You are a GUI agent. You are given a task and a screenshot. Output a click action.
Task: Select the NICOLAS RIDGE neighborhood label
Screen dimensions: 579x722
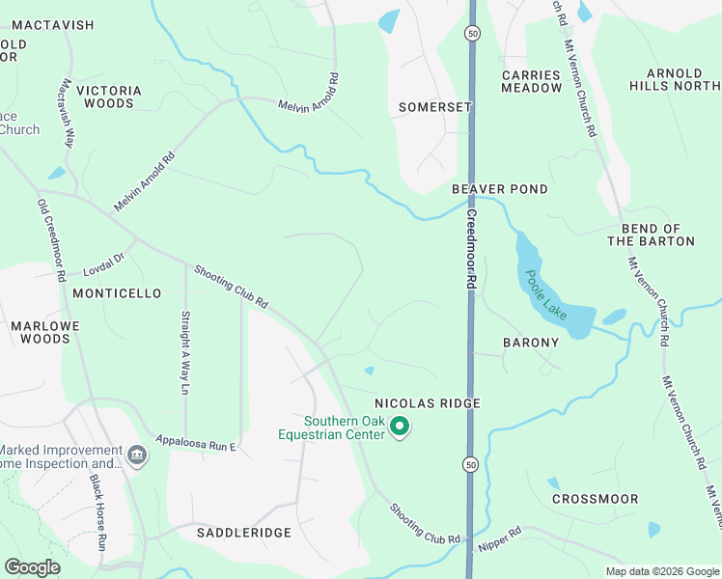coord(427,402)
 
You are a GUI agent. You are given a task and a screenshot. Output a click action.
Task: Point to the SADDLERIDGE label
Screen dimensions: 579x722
coord(231,533)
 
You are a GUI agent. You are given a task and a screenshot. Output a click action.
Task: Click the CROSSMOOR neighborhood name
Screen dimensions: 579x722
coord(595,499)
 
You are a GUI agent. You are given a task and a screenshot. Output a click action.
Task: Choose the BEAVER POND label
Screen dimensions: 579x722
coord(500,190)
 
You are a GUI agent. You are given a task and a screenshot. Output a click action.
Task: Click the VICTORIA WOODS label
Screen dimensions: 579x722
coord(109,97)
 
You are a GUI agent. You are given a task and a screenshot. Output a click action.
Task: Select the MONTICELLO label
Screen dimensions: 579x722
coord(117,293)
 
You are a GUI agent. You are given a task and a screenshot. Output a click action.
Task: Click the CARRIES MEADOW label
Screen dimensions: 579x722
coord(531,81)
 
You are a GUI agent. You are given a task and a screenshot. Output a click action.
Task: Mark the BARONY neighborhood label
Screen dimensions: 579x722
coord(531,343)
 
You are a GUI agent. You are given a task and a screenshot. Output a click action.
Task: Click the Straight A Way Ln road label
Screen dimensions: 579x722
coord(185,352)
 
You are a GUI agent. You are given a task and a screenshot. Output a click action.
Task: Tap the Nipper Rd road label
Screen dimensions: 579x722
coord(498,538)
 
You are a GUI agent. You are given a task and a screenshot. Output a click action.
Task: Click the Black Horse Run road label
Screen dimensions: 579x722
coord(97,511)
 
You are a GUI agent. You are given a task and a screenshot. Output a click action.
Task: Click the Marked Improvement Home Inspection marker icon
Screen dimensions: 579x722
coord(136,454)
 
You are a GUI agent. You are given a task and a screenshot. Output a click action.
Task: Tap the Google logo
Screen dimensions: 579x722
coord(33,566)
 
